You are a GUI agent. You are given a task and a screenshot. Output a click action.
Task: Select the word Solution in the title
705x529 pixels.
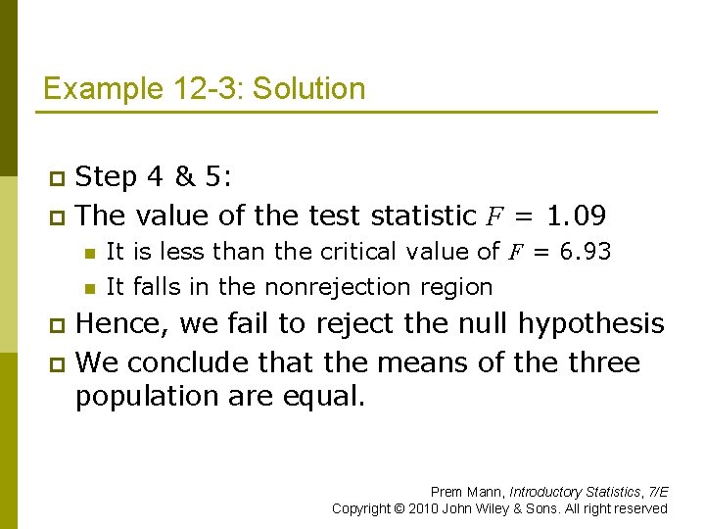click(308, 89)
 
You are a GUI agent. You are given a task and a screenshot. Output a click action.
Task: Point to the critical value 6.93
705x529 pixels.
click(585, 252)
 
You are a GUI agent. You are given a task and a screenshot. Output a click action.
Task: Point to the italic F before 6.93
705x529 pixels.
click(515, 253)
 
